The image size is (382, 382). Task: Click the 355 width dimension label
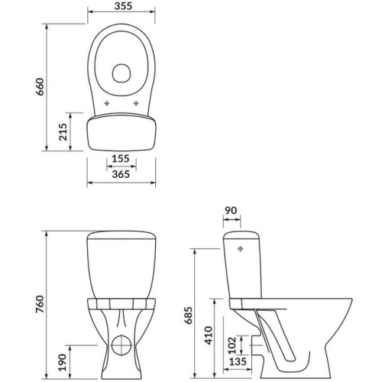tap(123, 6)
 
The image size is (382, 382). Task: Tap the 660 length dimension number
tap(40, 87)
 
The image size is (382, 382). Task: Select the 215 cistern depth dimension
tap(63, 132)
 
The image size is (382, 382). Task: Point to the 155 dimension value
tap(121, 158)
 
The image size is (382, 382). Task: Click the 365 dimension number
tap(121, 174)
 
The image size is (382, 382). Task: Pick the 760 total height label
tap(40, 304)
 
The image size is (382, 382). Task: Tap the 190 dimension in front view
tap(62, 362)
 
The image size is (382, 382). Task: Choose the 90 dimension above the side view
tap(231, 210)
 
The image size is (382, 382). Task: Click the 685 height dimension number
tap(189, 316)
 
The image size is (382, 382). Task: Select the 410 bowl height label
tap(209, 335)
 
